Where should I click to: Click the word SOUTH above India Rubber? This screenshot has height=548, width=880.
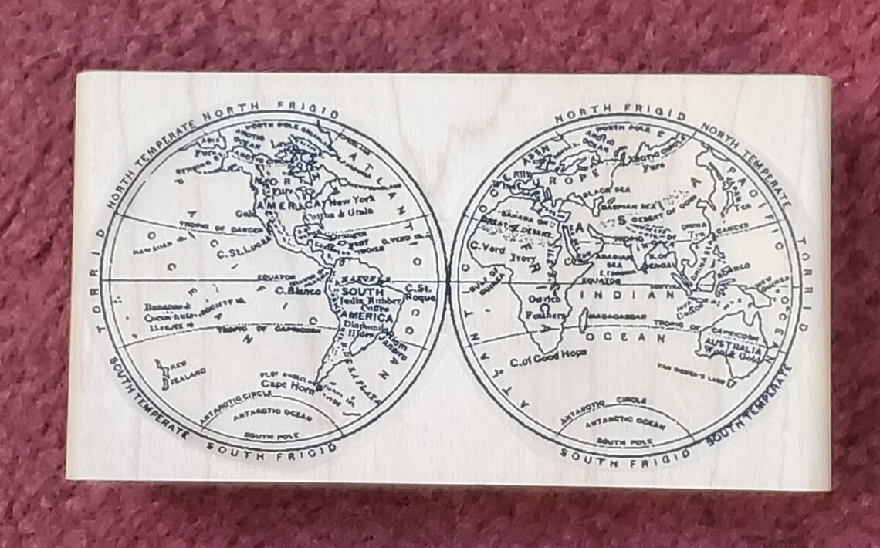tap(351, 292)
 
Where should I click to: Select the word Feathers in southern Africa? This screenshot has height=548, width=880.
tap(541, 315)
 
